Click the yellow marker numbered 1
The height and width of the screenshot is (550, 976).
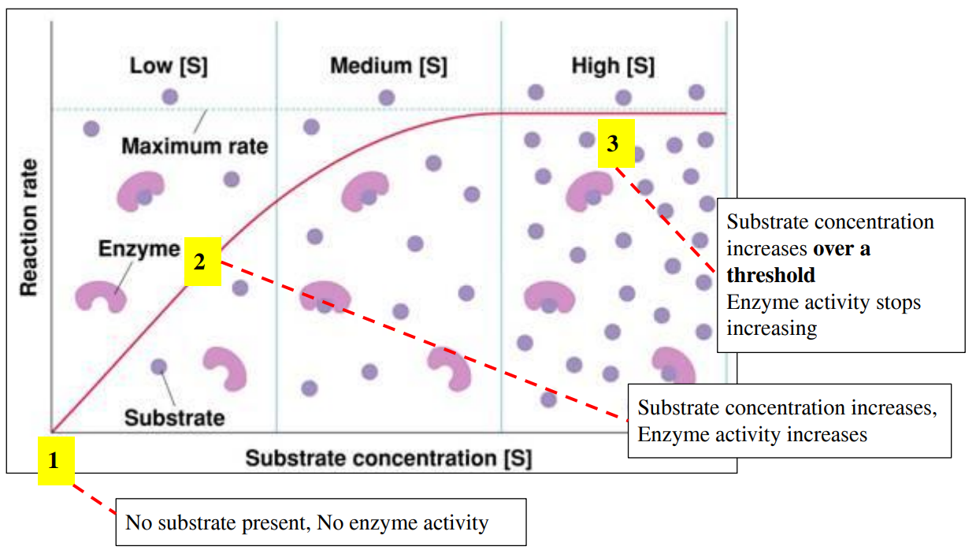tap(55, 460)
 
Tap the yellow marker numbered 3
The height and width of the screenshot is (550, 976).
tap(616, 143)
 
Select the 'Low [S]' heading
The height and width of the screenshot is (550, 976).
tap(169, 66)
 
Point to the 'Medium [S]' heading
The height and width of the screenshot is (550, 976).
tap(388, 66)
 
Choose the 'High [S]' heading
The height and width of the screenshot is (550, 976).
tap(613, 66)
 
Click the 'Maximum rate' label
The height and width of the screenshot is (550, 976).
tap(195, 147)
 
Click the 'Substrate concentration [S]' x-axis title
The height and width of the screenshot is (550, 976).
tap(388, 458)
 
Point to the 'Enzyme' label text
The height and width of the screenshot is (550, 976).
tap(139, 249)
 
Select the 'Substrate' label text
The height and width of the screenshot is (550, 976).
tap(174, 417)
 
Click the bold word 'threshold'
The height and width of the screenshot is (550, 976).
tap(770, 275)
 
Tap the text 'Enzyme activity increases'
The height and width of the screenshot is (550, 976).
tap(752, 434)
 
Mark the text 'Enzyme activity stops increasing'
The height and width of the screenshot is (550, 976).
tap(822, 315)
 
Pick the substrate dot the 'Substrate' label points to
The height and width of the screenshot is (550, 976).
tap(158, 366)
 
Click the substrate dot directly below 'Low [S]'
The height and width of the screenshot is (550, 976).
tap(169, 97)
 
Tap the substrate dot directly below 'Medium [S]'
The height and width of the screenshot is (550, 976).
tap(386, 98)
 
